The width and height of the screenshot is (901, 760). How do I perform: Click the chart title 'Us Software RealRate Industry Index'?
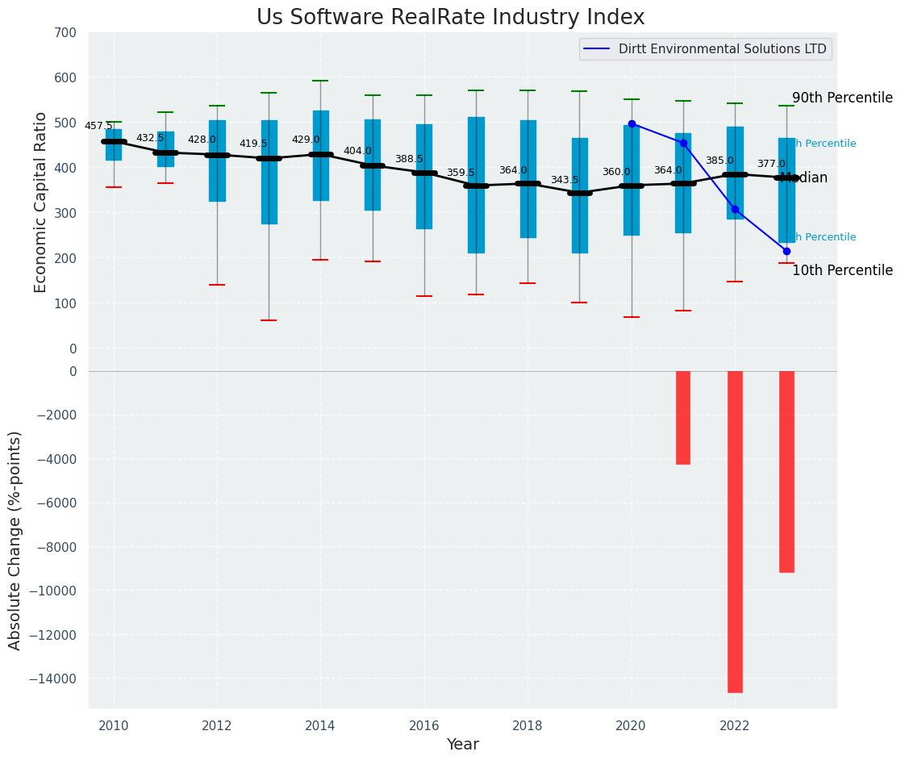tap(450, 18)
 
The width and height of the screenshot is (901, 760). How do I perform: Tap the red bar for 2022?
tap(735, 531)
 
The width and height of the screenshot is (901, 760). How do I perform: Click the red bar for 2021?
tap(683, 417)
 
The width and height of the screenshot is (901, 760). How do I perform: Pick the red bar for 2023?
tap(786, 471)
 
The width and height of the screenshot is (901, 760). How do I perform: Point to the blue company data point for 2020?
tap(632, 123)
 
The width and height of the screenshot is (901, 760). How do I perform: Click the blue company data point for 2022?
tap(735, 209)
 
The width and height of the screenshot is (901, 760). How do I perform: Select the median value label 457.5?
tap(98, 127)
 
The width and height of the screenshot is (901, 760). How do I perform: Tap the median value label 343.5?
tap(565, 181)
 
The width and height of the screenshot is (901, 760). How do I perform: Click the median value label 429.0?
tap(306, 140)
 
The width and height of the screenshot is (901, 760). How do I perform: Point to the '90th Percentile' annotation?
tap(842, 98)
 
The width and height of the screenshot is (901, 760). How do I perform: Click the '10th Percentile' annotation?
tap(842, 271)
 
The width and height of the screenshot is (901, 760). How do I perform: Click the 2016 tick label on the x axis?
tap(424, 725)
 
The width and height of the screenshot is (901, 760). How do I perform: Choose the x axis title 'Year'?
tap(463, 745)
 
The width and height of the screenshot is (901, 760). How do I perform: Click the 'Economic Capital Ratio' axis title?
tap(41, 190)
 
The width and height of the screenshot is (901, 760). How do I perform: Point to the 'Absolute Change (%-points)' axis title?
tap(15, 540)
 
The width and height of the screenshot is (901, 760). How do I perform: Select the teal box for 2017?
tap(476, 185)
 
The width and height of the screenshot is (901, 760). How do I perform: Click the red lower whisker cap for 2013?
tap(269, 320)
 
